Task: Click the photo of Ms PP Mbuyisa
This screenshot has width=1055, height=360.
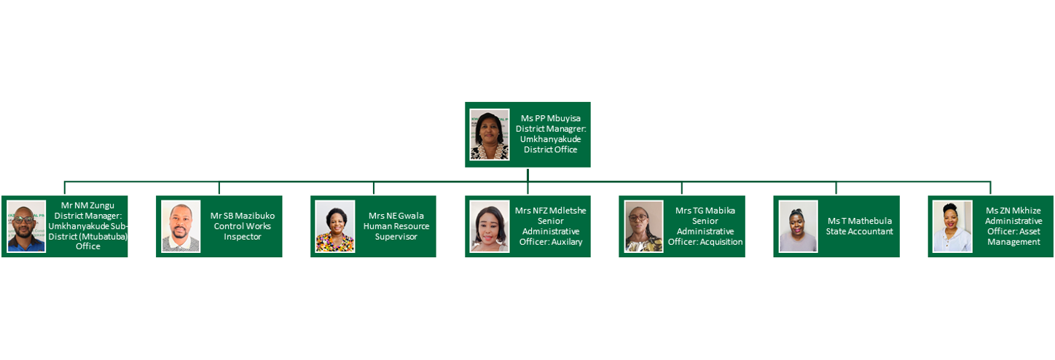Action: coord(490,134)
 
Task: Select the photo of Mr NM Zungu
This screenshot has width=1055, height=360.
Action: coord(26,226)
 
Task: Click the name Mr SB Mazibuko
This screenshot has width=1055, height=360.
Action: coord(243,216)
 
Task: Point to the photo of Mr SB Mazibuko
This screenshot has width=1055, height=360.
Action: coord(181,226)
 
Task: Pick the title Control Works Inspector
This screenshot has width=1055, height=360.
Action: coord(243,232)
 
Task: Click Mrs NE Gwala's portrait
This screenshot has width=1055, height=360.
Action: coord(335,226)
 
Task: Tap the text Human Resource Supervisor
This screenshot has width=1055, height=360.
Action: coord(396,232)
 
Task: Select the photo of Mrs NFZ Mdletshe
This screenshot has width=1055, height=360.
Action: coord(490,226)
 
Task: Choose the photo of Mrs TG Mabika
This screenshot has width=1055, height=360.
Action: coord(644,226)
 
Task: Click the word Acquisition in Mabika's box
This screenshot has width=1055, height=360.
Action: coord(719,242)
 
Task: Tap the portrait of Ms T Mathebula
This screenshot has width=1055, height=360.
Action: coord(799,226)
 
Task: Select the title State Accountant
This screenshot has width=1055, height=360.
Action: coord(859,232)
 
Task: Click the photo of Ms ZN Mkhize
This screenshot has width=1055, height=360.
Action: coord(953,226)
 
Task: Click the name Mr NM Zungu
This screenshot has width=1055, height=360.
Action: coord(87,206)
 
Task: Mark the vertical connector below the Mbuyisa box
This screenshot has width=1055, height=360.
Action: coord(527,175)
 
